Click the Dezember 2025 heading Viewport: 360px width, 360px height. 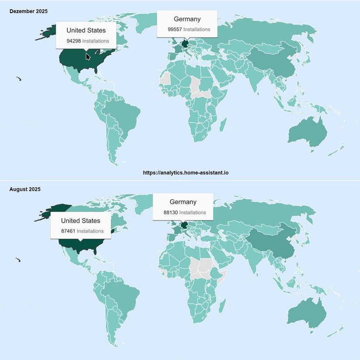click(x=28, y=11)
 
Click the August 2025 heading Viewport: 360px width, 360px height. click(x=25, y=189)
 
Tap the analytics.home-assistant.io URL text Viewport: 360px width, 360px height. click(x=185, y=173)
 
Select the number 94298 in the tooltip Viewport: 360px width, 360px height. click(x=73, y=41)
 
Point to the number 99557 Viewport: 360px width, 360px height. click(x=175, y=29)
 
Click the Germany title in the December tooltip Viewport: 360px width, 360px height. click(x=187, y=19)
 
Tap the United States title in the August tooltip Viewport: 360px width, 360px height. click(x=80, y=221)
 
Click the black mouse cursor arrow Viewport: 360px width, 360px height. click(x=88, y=57)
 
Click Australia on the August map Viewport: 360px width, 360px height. click(x=308, y=314)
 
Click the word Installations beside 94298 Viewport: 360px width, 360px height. click(x=96, y=41)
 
